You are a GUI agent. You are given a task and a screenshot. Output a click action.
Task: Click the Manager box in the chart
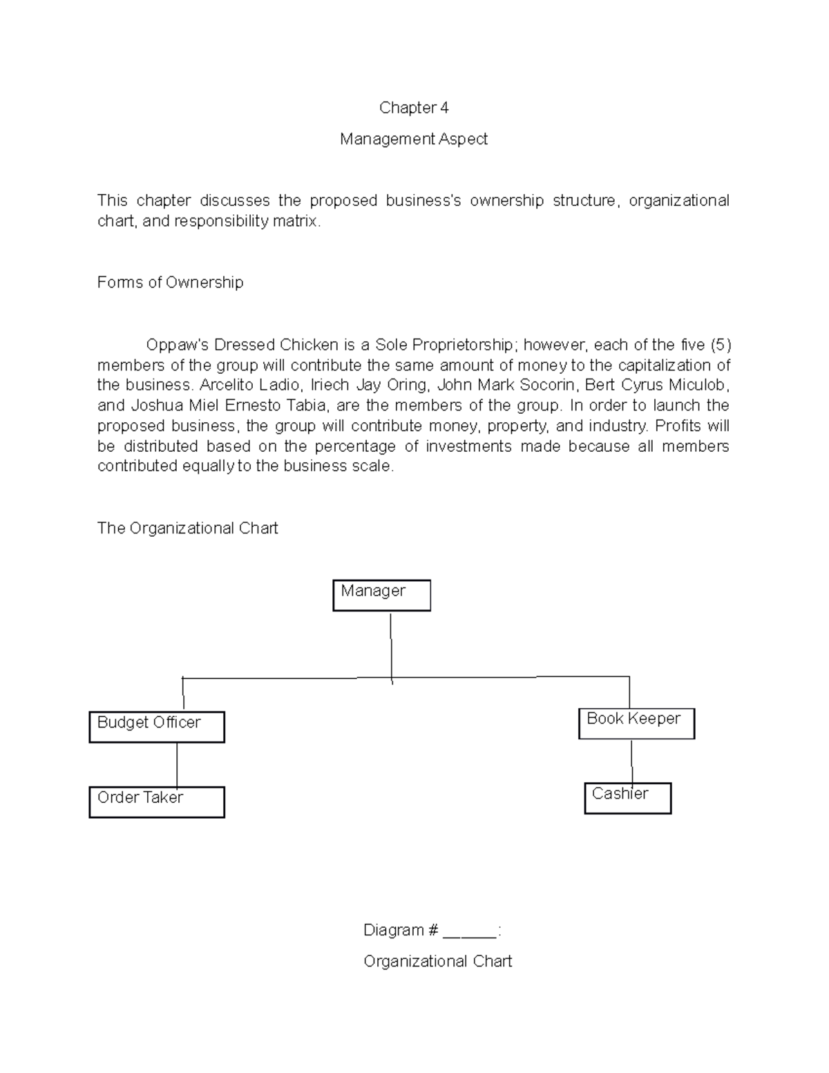pos(381,595)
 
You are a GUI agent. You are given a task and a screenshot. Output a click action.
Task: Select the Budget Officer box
pos(157,727)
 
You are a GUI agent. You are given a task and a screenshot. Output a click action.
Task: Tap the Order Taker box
pos(157,801)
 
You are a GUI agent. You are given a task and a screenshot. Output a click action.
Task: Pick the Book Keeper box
pos(636,723)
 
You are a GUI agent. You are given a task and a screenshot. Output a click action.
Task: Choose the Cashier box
pos(627,798)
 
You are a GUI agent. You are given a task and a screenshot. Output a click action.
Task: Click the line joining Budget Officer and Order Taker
pos(177,764)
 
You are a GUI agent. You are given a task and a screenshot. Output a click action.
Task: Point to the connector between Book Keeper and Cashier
pos(631,761)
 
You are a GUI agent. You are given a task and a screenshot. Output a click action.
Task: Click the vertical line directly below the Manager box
pos(391,646)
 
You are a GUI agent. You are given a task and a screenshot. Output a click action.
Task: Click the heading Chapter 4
pos(414,108)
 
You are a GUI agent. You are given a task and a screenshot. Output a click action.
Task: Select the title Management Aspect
pos(414,139)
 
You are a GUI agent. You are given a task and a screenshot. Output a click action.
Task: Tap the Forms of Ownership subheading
pos(170,282)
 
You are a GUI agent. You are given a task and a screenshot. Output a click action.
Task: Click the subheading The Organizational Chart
pos(187,528)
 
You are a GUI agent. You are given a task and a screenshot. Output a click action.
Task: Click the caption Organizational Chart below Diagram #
pos(437,961)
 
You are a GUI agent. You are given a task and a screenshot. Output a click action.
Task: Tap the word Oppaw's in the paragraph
pos(178,344)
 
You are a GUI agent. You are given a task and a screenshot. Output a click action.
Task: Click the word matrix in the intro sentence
pos(298,221)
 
